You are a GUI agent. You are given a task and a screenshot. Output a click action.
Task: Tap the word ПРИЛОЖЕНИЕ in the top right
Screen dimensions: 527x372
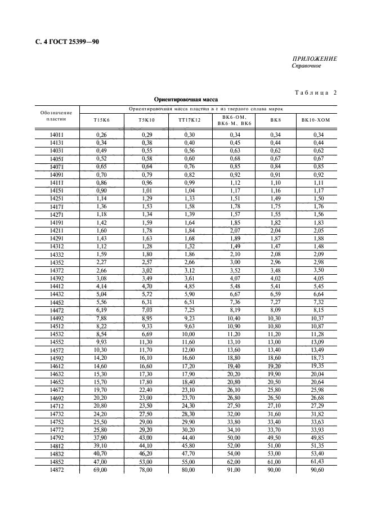[315, 59]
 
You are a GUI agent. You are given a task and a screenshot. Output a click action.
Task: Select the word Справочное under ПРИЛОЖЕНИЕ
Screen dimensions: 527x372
[307, 66]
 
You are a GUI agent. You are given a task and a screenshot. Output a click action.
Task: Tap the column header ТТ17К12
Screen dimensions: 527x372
[189, 119]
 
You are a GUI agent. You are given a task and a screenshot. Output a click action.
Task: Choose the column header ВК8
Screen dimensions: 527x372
[275, 119]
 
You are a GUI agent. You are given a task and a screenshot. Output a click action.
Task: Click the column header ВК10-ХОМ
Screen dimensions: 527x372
[317, 119]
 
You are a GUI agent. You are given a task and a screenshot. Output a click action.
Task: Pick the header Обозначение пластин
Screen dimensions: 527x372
[56, 117]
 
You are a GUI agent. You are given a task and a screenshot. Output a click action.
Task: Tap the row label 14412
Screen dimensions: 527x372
[56, 285]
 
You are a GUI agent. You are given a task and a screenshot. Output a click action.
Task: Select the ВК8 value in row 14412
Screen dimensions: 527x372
[275, 285]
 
